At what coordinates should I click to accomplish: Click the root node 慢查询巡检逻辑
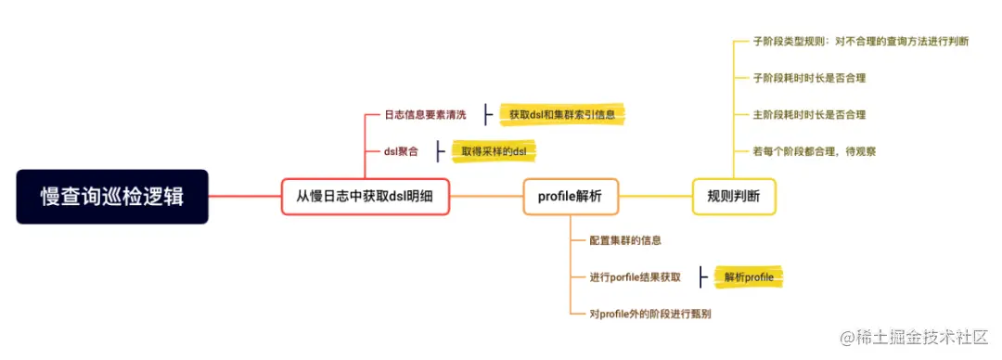pyautogui.click(x=111, y=197)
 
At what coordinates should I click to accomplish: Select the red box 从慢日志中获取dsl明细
pyautogui.click(x=365, y=197)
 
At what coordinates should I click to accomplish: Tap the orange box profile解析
pyautogui.click(x=570, y=197)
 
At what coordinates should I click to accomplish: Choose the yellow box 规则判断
pyautogui.click(x=734, y=197)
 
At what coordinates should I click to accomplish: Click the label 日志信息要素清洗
pyautogui.click(x=425, y=115)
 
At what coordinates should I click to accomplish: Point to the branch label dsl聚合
pyautogui.click(x=401, y=150)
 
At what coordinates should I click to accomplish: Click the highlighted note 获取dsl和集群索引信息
pyautogui.click(x=562, y=115)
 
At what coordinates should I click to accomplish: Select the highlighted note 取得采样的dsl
pyautogui.click(x=494, y=150)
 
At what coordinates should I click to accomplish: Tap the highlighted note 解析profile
pyautogui.click(x=748, y=276)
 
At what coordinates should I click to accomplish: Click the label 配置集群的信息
pyautogui.click(x=625, y=240)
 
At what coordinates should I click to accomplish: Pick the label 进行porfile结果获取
pyautogui.click(x=635, y=276)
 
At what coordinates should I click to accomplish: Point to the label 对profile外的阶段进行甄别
pyautogui.click(x=650, y=314)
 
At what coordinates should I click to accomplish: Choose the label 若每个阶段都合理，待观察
pyautogui.click(x=815, y=150)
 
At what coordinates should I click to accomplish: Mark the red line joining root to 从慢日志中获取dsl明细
pyautogui.click(x=243, y=197)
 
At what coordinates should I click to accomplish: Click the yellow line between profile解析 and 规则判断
pyautogui.click(x=654, y=197)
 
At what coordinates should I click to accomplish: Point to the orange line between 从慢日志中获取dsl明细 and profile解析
pyautogui.click(x=486, y=197)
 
